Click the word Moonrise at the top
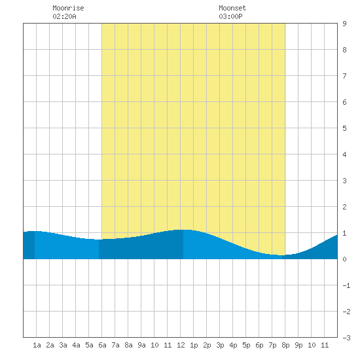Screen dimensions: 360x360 [68, 8]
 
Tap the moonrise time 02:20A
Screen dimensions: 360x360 [65, 16]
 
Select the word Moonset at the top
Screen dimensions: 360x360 [232, 8]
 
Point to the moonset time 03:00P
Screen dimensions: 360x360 [230, 16]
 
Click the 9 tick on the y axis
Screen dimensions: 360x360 [344, 24]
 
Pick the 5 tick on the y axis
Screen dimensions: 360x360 [344, 128]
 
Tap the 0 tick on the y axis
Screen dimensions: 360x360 [344, 259]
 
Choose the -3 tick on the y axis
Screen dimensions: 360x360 [346, 338]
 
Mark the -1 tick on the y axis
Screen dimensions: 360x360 [346, 285]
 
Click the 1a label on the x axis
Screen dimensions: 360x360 [37, 345]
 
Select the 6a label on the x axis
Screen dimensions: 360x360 [102, 345]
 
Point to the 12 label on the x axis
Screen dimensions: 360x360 [181, 345]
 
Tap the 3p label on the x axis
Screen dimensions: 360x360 [220, 345]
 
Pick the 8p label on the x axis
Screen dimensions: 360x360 [285, 345]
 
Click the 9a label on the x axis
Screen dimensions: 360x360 [141, 345]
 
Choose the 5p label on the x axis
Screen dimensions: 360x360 [246, 345]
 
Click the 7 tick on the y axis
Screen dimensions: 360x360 [344, 76]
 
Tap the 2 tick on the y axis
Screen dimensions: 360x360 [344, 207]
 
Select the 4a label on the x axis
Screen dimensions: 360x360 [76, 345]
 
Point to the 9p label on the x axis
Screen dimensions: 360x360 [298, 345]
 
